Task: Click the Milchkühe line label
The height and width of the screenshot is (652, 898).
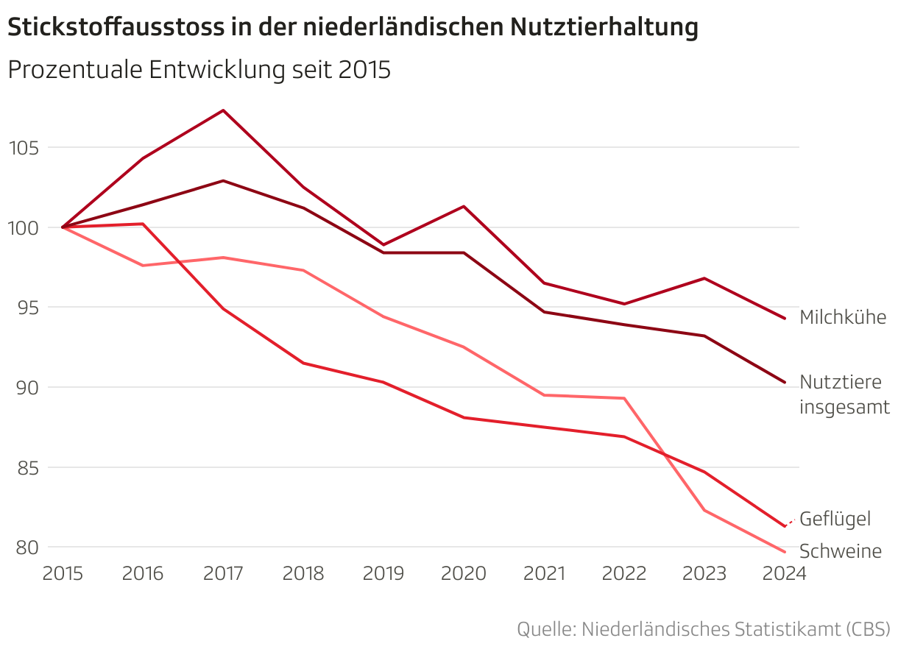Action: tap(843, 317)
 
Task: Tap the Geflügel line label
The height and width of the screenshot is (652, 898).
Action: tap(835, 519)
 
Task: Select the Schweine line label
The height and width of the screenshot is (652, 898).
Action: tap(840, 551)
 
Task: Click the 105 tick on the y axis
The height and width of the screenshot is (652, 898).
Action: tap(23, 148)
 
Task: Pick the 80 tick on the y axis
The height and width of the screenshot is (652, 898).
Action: tap(26, 548)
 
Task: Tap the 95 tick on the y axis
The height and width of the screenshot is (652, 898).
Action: tap(26, 308)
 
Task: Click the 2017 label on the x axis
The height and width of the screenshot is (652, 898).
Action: tap(222, 574)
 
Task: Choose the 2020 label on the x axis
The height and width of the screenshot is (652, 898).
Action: tap(463, 574)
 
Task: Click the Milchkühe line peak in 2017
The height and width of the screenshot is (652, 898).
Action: tap(223, 110)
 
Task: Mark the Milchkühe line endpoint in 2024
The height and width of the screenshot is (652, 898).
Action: tap(785, 319)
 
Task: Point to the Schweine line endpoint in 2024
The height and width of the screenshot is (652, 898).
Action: tap(785, 552)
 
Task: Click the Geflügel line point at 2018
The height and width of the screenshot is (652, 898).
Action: tap(303, 363)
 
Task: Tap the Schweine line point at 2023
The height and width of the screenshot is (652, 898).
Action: tap(704, 510)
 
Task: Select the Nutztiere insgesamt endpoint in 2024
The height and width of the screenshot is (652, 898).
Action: tap(785, 383)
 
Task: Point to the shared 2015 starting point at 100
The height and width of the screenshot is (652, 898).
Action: tap(63, 227)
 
